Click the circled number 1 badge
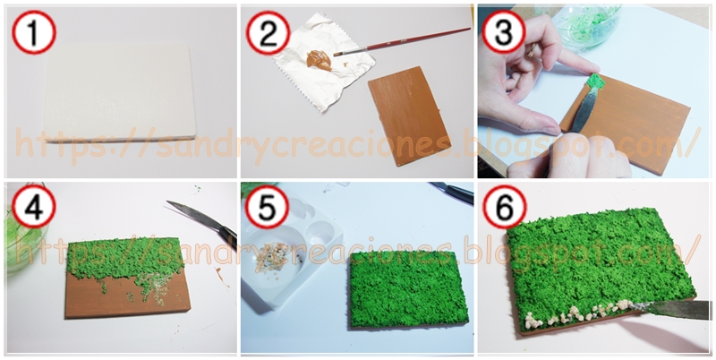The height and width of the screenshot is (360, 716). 34,32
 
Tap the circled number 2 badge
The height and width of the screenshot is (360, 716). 268,33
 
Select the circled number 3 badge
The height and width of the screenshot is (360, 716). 504,32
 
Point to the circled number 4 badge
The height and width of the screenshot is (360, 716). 34,207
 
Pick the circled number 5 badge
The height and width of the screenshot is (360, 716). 267,208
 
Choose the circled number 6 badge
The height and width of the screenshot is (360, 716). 505,207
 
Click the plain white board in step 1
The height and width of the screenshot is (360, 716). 120,93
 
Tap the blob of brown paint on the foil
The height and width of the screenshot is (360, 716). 319,60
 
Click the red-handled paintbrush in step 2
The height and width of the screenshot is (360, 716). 402,41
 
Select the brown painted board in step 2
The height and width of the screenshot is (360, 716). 409,116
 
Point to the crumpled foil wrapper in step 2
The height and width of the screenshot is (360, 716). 322,62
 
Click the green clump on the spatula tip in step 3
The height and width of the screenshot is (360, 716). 595,82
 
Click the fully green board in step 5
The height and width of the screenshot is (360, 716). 409,288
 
